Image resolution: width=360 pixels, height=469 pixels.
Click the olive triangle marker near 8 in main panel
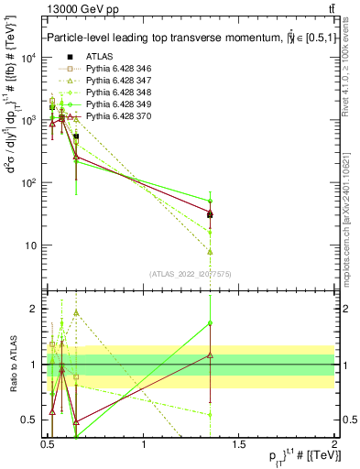(211, 251)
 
